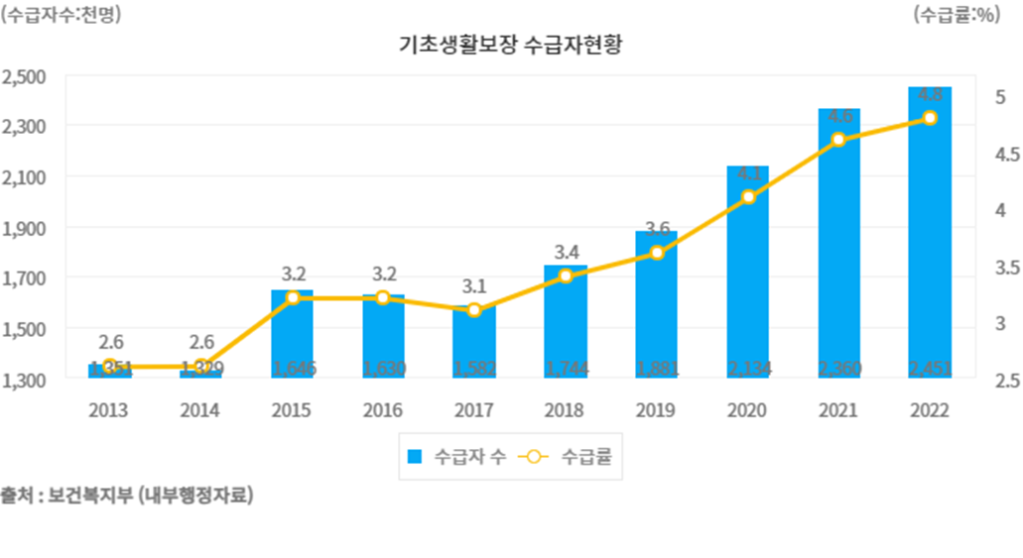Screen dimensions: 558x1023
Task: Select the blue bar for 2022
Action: click(x=930, y=238)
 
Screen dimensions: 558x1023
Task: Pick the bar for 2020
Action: click(x=748, y=278)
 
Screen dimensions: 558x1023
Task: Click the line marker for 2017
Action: click(x=474, y=310)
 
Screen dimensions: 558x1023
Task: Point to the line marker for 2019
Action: click(x=657, y=253)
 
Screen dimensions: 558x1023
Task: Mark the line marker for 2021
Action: click(x=838, y=140)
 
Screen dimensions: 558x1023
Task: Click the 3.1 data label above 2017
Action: click(x=474, y=287)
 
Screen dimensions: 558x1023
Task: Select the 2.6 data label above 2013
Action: click(x=110, y=343)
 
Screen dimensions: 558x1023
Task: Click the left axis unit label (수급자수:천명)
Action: click(x=63, y=15)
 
